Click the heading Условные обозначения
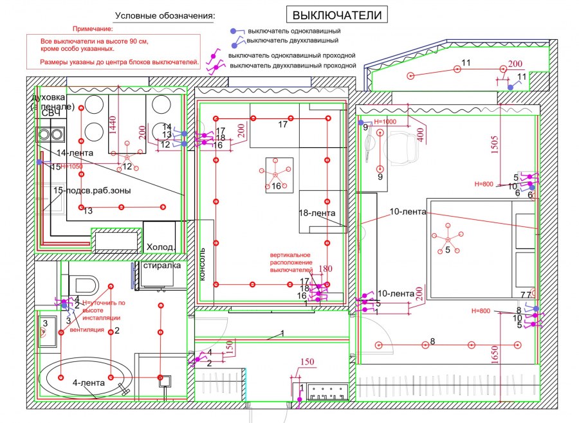coord(165,15)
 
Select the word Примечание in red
coord(93,29)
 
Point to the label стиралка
coord(161,265)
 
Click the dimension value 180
coord(326,269)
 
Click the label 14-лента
coord(75,154)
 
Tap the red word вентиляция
coord(87,330)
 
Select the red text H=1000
coord(385,122)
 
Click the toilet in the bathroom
coord(83,283)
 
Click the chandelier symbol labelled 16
coord(275,174)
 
